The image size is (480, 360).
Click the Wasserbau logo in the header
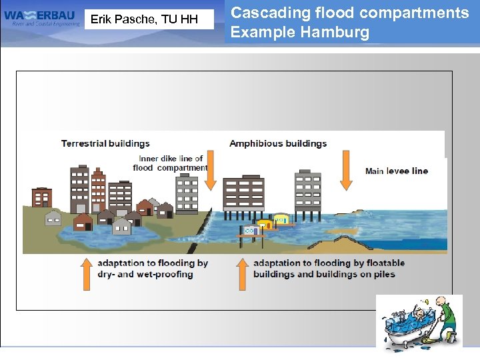coord(42,18)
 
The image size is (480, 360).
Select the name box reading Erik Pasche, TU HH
coord(144,19)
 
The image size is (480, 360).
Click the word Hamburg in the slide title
coord(333,33)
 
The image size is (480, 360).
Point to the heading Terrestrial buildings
coord(105,143)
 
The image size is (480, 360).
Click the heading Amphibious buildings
coord(278,143)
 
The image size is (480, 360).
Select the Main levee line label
coord(397,171)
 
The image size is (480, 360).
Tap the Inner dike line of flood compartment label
coord(171,163)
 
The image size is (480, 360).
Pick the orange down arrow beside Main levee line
coord(345,171)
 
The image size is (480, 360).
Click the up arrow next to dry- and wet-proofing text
coord(87,273)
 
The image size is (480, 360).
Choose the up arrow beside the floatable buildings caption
coord(243,273)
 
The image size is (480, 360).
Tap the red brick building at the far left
coord(42,197)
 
